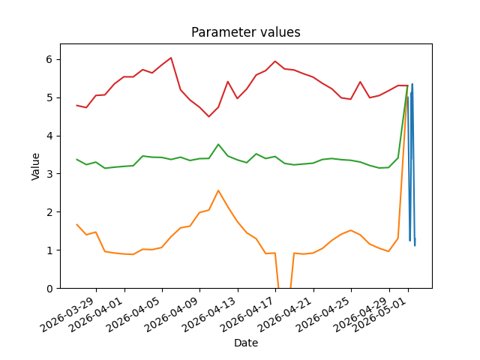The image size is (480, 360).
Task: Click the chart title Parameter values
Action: pyautogui.click(x=246, y=32)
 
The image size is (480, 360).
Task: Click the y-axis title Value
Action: pyautogui.click(x=35, y=166)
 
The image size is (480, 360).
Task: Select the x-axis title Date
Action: pyautogui.click(x=246, y=343)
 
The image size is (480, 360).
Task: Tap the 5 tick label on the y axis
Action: pyautogui.click(x=49, y=97)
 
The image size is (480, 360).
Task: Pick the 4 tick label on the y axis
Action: pyautogui.click(x=49, y=136)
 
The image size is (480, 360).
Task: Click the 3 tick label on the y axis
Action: pyautogui.click(x=49, y=174)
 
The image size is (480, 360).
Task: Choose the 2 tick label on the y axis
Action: pyautogui.click(x=49, y=212)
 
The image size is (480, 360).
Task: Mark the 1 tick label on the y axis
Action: pyautogui.click(x=49, y=250)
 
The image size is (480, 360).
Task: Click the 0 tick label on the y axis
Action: pyautogui.click(x=49, y=288)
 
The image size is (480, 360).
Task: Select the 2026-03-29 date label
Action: pyautogui.click(x=70, y=314)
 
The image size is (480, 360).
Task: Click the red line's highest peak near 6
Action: pyautogui.click(x=171, y=58)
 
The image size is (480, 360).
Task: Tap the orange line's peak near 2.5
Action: pyautogui.click(x=218, y=190)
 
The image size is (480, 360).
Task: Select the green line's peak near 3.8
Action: pyautogui.click(x=218, y=144)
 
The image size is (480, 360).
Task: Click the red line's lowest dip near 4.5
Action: pyautogui.click(x=208, y=117)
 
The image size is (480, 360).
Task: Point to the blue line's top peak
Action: pyautogui.click(x=412, y=84)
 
